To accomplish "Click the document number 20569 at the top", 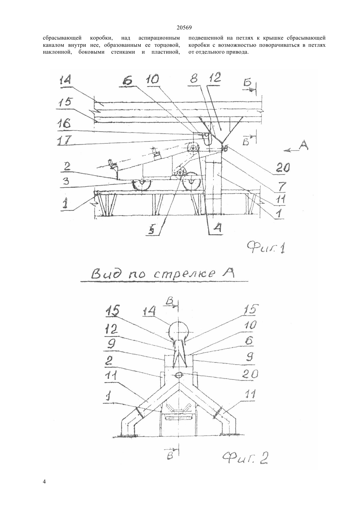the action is point(184,28).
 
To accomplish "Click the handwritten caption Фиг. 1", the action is point(266,248).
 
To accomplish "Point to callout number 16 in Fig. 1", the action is point(64,124).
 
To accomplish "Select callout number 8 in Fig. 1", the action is point(194,79).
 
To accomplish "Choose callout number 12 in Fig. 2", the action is point(111,329).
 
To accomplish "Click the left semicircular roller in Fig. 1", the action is point(142,185).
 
